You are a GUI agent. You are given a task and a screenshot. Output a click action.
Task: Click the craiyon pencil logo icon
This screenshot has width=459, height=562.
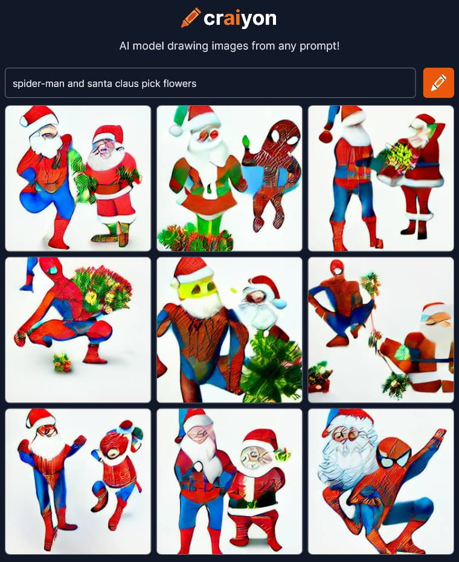191,18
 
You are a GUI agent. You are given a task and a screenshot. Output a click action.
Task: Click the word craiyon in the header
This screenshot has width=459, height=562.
240,18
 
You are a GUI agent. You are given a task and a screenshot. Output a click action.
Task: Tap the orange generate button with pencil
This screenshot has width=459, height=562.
438,83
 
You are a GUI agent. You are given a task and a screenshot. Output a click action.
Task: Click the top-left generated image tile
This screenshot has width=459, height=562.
78,178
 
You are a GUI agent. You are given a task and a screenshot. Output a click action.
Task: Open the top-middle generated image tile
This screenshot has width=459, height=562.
230,178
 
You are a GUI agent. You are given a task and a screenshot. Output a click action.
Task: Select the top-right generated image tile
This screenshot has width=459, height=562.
381,178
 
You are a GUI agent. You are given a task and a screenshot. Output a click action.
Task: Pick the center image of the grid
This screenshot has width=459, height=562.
230,330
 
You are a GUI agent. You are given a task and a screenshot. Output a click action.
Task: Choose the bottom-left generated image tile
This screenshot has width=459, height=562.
78,482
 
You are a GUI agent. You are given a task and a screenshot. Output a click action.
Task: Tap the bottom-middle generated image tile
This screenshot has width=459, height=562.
230,482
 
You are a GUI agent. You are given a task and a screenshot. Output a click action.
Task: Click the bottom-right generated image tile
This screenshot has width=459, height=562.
381,482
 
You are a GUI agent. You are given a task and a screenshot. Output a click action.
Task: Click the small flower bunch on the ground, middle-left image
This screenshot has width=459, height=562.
62,362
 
